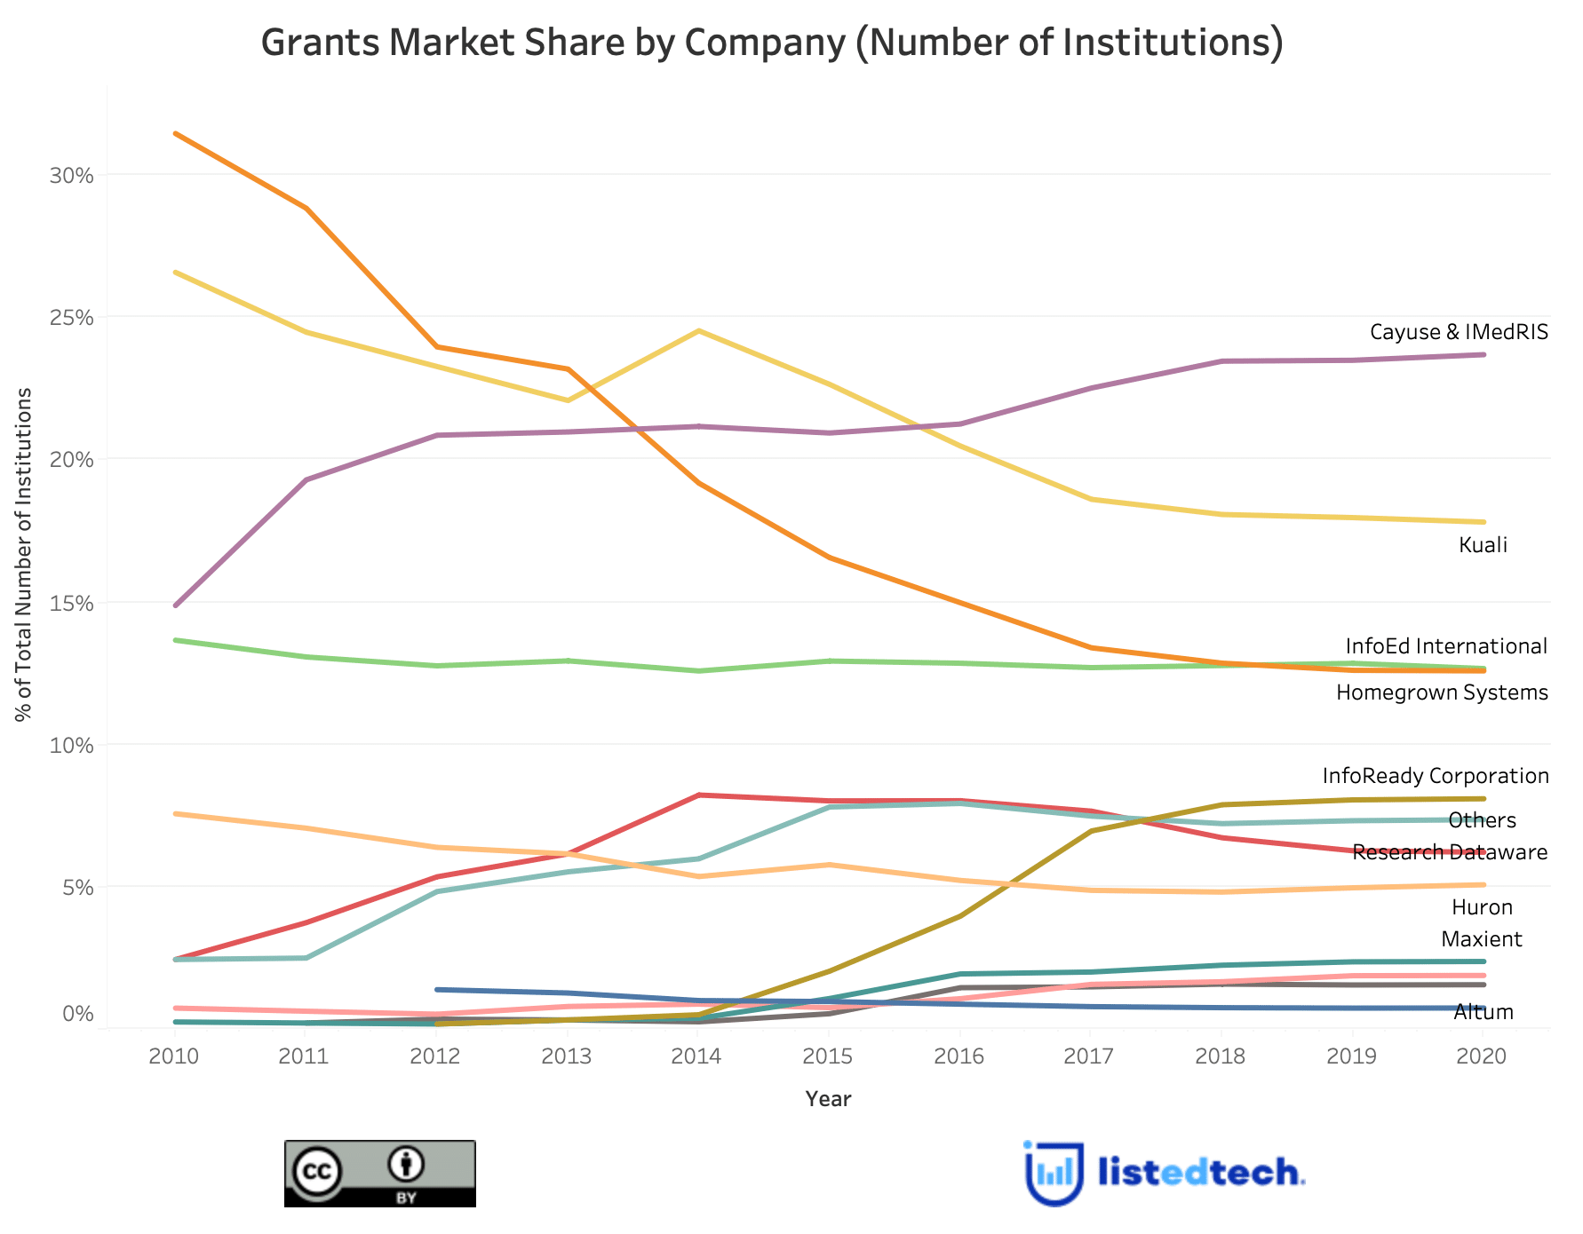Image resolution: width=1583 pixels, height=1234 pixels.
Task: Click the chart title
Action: tap(771, 44)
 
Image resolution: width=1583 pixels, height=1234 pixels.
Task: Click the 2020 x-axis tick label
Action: tap(1484, 1056)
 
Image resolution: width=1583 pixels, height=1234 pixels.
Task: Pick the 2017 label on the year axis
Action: tap(1090, 1056)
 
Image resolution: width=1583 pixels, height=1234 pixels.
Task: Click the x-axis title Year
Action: tap(828, 1099)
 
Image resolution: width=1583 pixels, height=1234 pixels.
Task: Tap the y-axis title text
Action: tap(25, 555)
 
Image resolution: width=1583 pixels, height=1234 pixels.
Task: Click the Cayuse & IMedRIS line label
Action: tap(1459, 332)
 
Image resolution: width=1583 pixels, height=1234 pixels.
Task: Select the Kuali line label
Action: tap(1483, 545)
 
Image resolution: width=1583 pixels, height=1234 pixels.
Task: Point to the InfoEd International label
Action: tap(1446, 646)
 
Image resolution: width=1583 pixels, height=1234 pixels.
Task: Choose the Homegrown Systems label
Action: tap(1442, 692)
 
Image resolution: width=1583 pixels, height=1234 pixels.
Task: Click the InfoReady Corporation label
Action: tap(1436, 776)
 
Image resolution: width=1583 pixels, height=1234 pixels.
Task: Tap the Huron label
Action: tap(1482, 907)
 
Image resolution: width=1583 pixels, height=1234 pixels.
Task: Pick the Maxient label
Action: tap(1481, 939)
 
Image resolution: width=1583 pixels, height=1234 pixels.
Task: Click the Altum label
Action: tap(1483, 1013)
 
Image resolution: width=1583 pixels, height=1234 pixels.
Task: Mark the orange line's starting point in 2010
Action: tap(176, 134)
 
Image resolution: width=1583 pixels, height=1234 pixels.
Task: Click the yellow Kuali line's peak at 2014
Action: tap(699, 331)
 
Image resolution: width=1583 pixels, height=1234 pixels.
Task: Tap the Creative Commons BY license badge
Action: tap(379, 1174)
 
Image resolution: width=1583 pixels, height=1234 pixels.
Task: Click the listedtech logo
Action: tap(1164, 1173)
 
